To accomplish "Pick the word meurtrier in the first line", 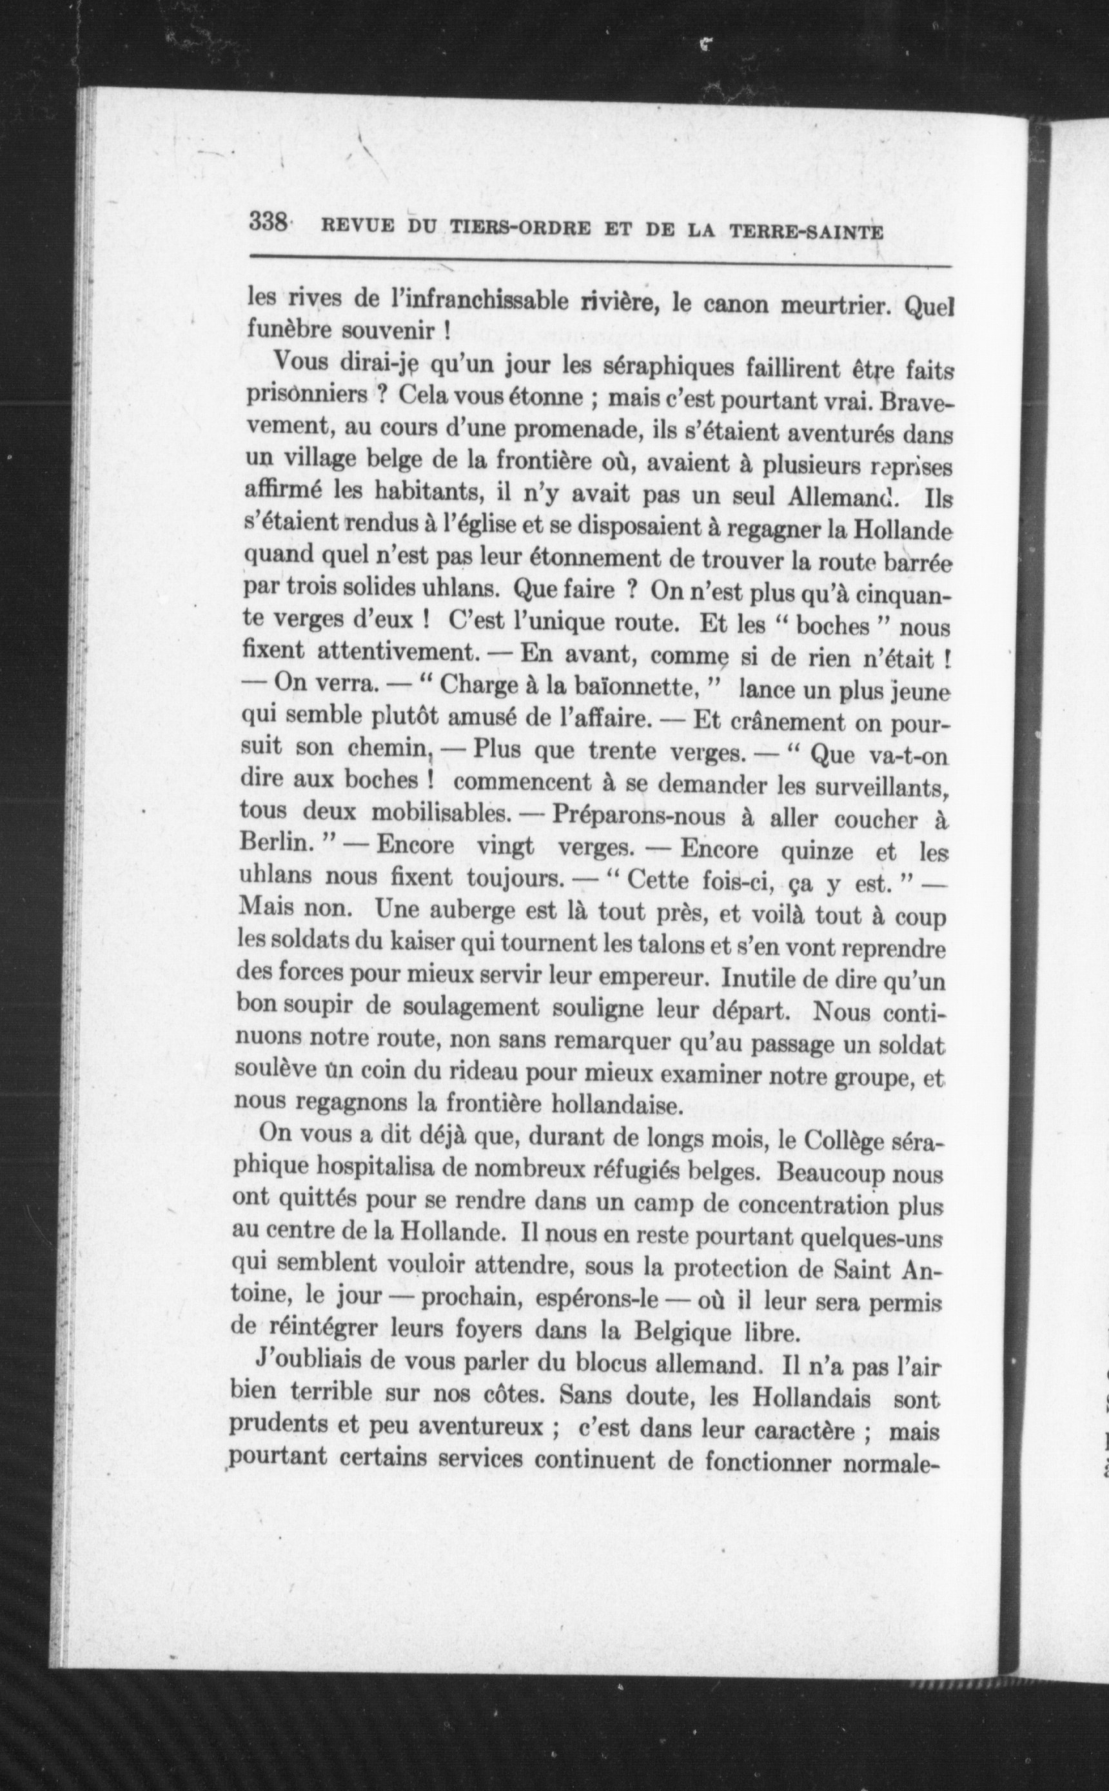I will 833,305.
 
